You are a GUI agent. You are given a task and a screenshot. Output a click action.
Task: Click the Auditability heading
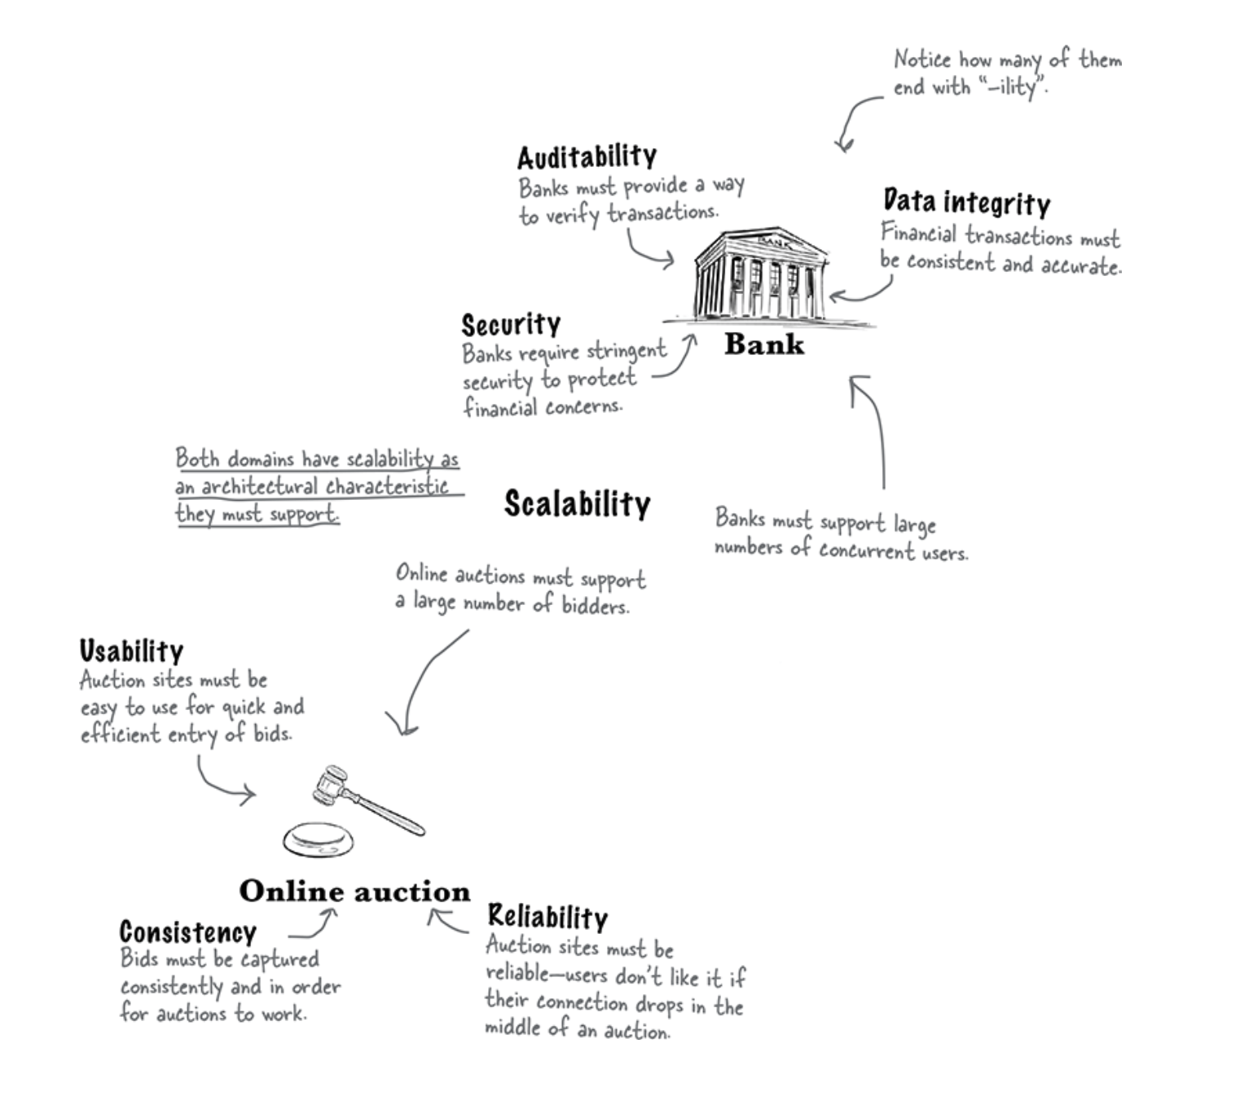coord(587,156)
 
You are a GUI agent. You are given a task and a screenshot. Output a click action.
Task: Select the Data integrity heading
coord(966,202)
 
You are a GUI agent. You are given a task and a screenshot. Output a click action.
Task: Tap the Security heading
coord(511,325)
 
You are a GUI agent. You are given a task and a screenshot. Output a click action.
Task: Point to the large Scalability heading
coord(577,504)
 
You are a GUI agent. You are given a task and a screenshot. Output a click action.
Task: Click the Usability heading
coord(131,651)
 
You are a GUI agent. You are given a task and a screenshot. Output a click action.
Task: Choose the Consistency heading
coord(187,932)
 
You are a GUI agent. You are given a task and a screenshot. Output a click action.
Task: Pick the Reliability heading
coord(547,917)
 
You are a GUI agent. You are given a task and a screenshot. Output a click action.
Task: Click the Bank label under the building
coord(763,344)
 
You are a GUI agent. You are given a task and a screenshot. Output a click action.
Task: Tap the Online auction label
coord(354,892)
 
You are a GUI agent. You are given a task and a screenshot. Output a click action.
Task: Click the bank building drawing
coord(760,275)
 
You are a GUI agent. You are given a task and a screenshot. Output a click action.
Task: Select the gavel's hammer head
coord(331,783)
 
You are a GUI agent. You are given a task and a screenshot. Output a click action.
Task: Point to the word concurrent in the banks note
coord(866,551)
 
